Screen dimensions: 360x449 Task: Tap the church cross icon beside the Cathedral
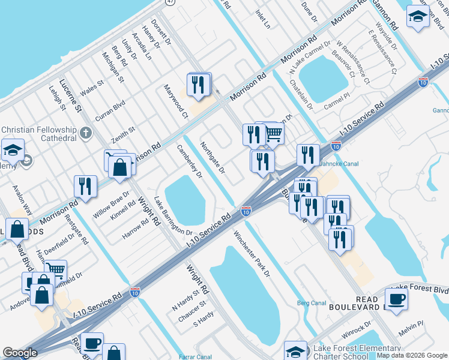pos(86,132)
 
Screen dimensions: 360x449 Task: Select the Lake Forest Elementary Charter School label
pos(353,353)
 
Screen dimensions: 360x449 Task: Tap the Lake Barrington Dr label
pos(172,217)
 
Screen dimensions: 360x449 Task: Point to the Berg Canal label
pos(311,303)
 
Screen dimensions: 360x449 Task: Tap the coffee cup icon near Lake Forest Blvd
pos(396,298)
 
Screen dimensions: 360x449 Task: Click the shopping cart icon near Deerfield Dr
pos(55,270)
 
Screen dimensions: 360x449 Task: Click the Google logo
pos(20,353)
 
